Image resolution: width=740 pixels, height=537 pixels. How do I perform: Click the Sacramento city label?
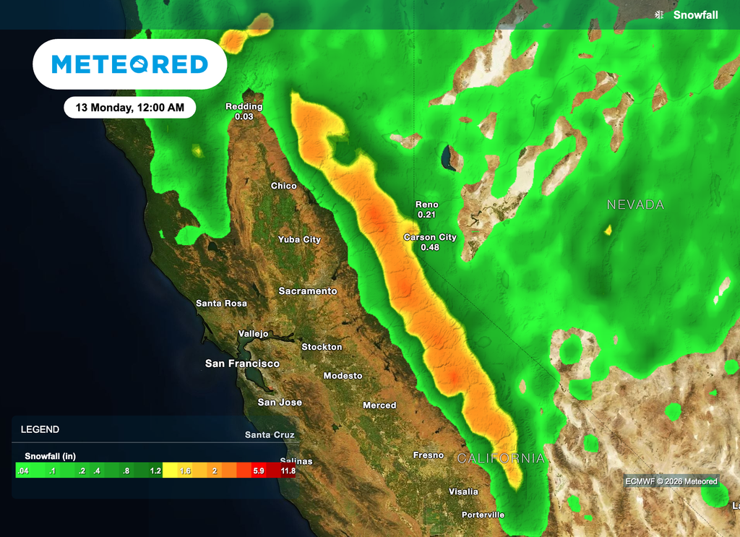click(308, 291)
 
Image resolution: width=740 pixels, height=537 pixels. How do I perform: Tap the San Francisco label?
click(242, 364)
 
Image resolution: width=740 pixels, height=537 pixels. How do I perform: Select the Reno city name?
click(426, 205)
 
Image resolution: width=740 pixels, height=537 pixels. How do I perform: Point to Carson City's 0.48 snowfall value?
click(430, 247)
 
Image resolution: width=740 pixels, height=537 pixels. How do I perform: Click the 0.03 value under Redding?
click(244, 116)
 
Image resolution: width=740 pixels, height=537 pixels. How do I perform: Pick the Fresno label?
click(428, 455)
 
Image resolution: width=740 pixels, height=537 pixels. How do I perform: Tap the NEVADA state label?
click(635, 205)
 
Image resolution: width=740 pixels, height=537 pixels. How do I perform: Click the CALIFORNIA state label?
click(500, 458)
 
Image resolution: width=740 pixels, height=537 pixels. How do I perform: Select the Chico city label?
click(283, 186)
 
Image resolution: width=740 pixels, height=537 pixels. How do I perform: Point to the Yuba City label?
click(299, 239)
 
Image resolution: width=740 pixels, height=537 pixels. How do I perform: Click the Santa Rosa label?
click(221, 304)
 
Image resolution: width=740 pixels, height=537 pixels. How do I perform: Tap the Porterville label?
click(483, 515)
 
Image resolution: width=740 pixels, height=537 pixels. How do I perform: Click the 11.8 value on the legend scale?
click(288, 471)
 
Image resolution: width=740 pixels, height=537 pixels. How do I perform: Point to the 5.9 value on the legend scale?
click(258, 471)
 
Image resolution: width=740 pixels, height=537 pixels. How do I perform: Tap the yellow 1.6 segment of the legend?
click(184, 471)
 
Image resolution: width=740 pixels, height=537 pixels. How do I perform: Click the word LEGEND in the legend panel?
click(40, 429)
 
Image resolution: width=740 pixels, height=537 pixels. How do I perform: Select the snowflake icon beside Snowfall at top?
click(658, 15)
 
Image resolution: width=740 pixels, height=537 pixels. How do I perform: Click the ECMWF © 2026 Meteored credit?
click(672, 481)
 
